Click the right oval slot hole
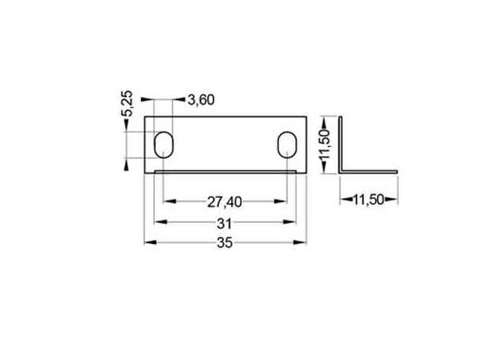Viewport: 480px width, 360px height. point(287,145)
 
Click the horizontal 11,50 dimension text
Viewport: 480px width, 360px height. point(368,199)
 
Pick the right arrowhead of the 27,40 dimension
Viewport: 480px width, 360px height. point(283,201)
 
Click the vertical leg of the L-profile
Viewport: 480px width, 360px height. point(340,142)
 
